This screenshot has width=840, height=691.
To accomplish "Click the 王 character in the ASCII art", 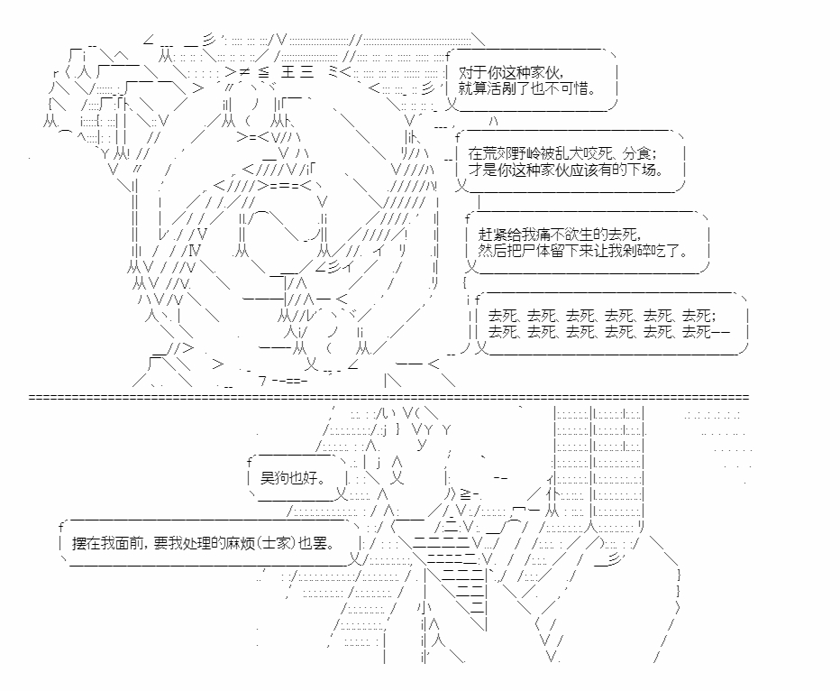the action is (x=288, y=72).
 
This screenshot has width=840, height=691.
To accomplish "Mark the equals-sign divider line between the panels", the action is (x=389, y=397).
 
